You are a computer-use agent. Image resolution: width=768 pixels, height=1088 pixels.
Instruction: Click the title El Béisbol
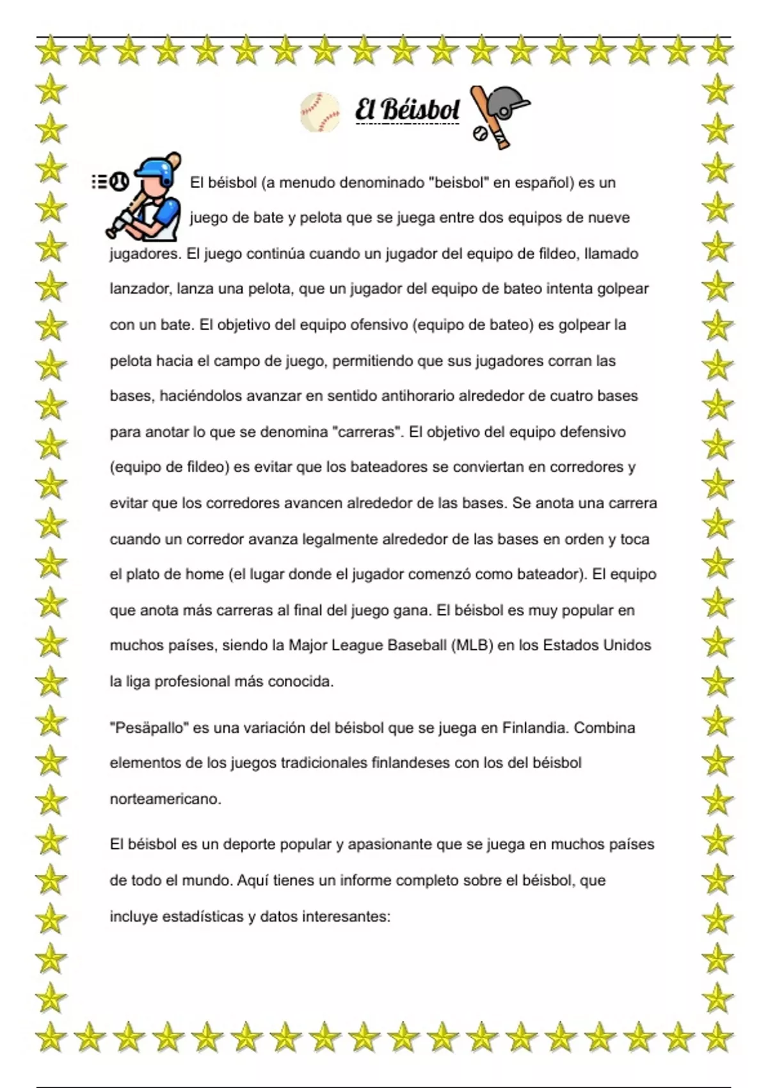[x=407, y=110]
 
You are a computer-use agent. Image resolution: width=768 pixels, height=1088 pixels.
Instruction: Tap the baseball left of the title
[x=320, y=112]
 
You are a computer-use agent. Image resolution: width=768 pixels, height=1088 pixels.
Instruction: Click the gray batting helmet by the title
[x=509, y=102]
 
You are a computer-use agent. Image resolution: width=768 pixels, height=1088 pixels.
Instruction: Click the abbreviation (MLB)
[x=472, y=645]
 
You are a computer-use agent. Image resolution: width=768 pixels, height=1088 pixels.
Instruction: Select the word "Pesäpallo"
[x=150, y=728]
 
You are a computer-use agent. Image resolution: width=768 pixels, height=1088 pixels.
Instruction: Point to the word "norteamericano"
[x=164, y=799]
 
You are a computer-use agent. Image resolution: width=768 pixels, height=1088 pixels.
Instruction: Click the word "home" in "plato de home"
[x=205, y=574]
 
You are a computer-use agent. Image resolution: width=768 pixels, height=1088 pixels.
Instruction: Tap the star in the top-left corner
[x=51, y=51]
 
